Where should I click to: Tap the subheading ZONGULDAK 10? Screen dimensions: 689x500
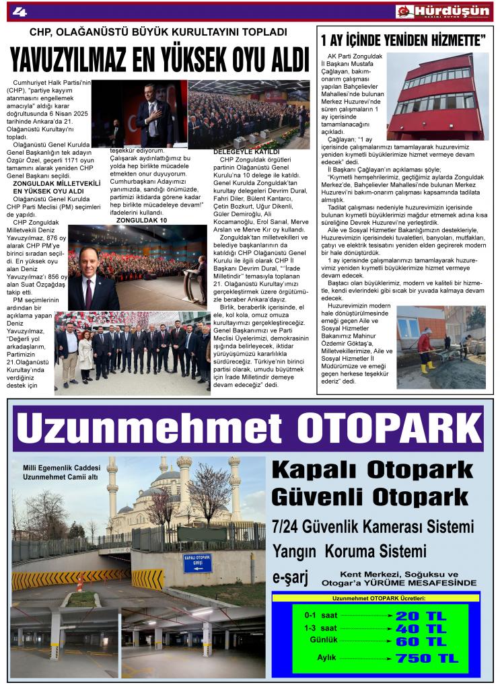coord(142,220)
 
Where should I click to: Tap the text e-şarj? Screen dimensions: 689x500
coord(293,577)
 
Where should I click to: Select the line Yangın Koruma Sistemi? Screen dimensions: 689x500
coord(349,552)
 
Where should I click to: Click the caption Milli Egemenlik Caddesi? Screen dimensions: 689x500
coord(61,468)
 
